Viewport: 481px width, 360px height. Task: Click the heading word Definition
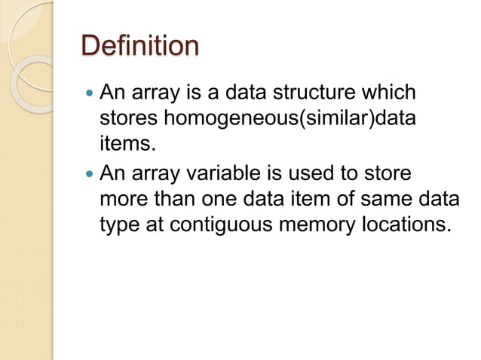(140, 46)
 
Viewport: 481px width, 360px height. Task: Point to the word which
(388, 95)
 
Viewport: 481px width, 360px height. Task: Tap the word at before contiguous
(156, 224)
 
